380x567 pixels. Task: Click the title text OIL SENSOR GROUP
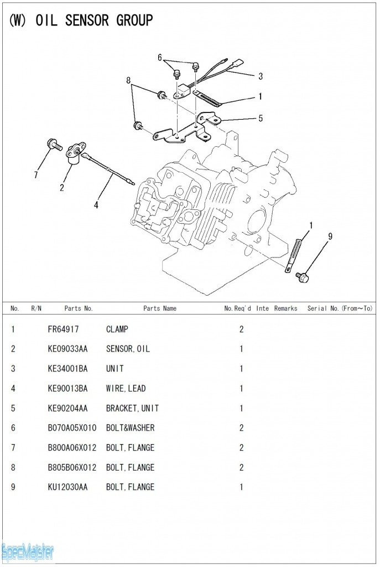tap(94, 20)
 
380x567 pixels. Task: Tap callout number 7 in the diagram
tap(36, 175)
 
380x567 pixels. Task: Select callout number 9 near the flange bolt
tap(330, 236)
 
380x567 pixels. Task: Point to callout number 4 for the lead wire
tap(96, 205)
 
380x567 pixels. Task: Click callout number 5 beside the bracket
tap(260, 118)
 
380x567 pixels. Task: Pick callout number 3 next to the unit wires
tap(260, 76)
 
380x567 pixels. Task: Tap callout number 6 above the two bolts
tap(160, 58)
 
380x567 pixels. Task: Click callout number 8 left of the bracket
tap(128, 80)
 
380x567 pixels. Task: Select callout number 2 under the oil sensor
tap(61, 187)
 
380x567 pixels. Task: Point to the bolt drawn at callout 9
tap(302, 276)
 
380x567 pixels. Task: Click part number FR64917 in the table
tap(64, 329)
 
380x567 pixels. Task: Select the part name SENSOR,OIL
tap(128, 349)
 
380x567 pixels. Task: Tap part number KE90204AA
tap(67, 408)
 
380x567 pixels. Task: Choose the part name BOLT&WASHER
tap(130, 428)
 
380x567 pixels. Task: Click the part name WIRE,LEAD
tap(126, 389)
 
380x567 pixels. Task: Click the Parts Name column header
tap(160, 308)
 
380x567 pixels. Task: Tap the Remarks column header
tap(285, 308)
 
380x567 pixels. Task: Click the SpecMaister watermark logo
tap(28, 552)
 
